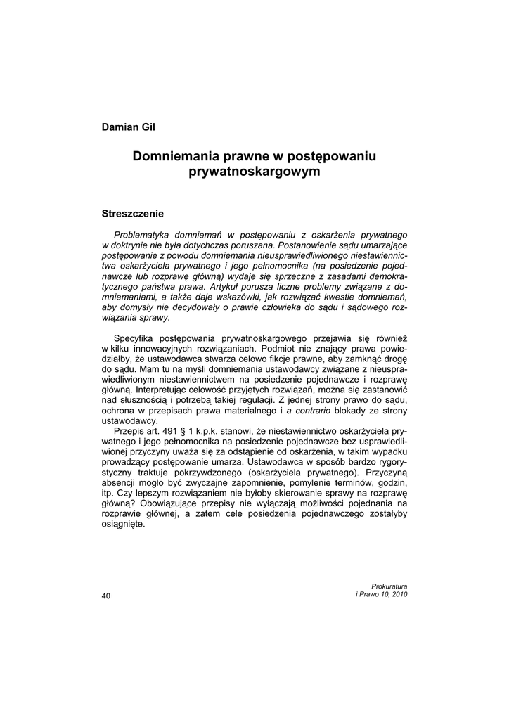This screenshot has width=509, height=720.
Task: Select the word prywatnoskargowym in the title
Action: (x=254, y=171)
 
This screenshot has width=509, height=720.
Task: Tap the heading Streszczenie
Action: (x=133, y=212)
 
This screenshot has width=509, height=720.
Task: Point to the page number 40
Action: (x=106, y=596)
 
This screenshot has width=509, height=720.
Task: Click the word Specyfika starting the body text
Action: (x=135, y=337)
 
